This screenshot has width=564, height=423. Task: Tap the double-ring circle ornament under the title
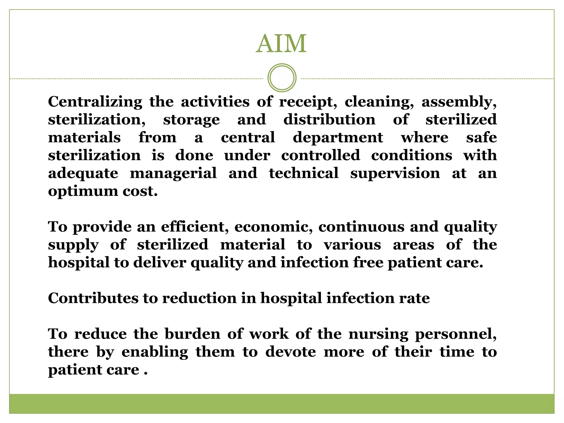(282, 78)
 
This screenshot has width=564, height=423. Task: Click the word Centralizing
(95, 102)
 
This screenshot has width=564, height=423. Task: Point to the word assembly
(459, 102)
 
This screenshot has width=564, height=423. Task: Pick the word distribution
(329, 120)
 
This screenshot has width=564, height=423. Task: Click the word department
(338, 138)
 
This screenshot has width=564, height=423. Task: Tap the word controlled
(321, 156)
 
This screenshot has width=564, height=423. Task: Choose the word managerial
(173, 173)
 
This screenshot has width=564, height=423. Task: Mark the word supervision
(395, 173)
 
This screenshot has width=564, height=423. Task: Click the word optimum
(83, 191)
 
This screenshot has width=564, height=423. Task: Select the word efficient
(195, 227)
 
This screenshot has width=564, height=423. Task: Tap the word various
(352, 245)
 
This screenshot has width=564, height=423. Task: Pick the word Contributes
(93, 298)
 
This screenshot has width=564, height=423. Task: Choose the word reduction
(199, 298)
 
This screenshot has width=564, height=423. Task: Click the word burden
(192, 334)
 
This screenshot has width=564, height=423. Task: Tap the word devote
(291, 352)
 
